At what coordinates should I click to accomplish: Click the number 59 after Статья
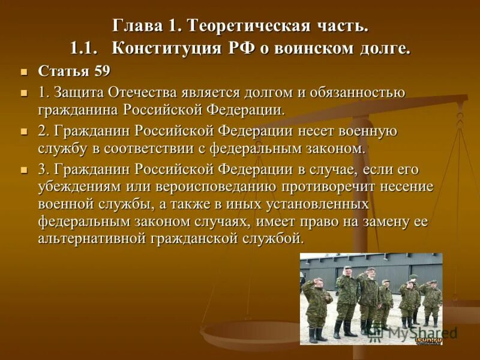pyautogui.click(x=101, y=71)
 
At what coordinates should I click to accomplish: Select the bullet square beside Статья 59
pyautogui.click(x=25, y=72)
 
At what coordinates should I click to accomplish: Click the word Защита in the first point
pyautogui.click(x=79, y=93)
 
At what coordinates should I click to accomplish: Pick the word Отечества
pyautogui.click(x=144, y=93)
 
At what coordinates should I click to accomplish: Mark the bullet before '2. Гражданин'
pyautogui.click(x=25, y=132)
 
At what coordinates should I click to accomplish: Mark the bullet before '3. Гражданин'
pyautogui.click(x=25, y=170)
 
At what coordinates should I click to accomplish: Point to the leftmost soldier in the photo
pyautogui.click(x=314, y=306)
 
